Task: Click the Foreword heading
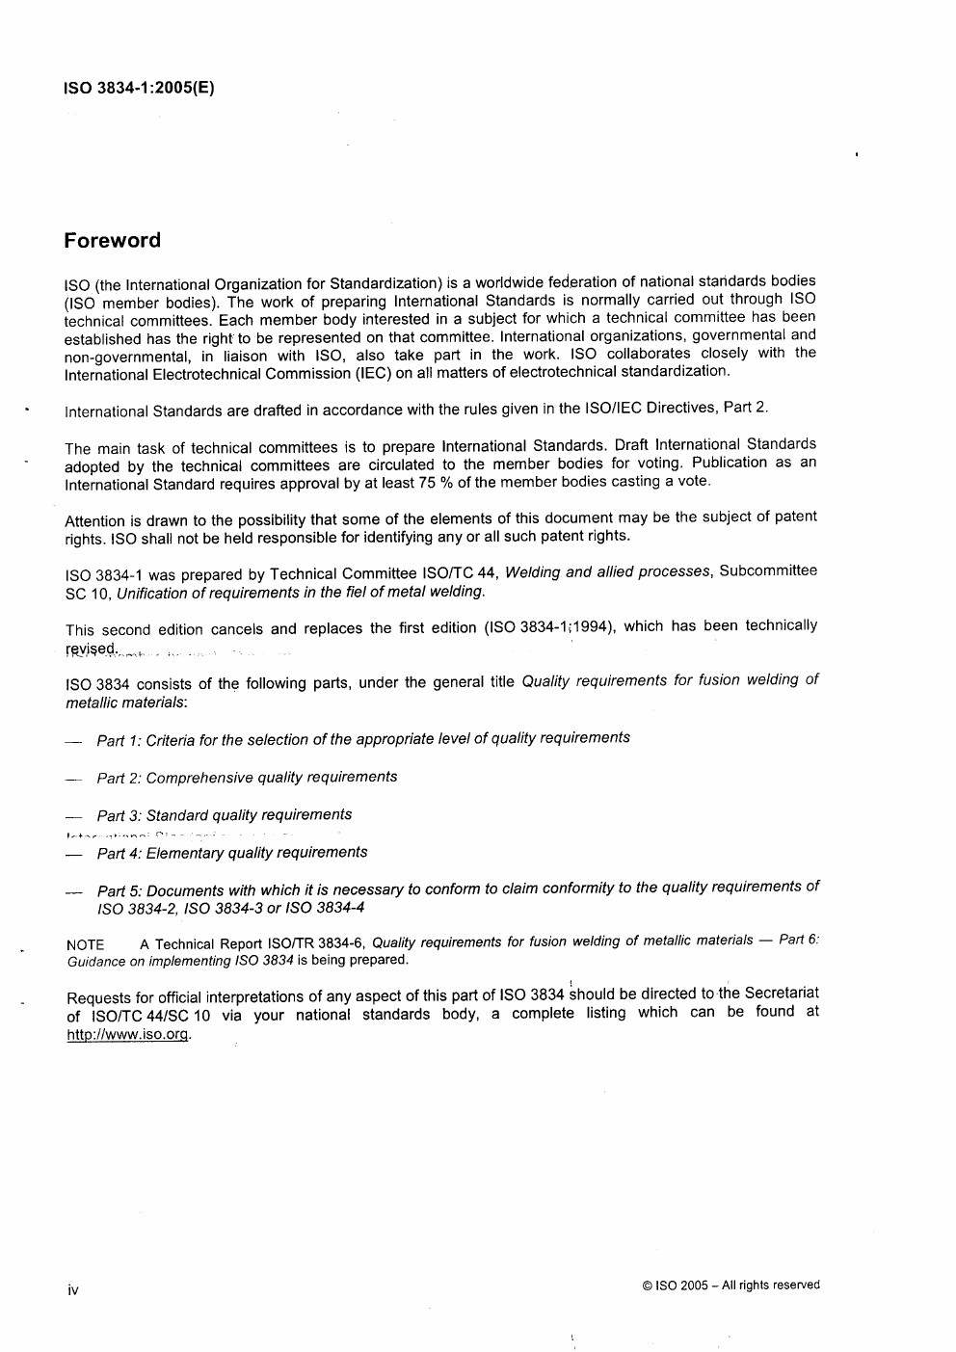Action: pos(112,241)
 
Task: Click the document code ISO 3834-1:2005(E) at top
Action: pos(139,88)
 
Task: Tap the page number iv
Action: pos(72,1289)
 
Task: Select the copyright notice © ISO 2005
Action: pos(730,1285)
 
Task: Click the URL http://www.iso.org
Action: pos(128,1034)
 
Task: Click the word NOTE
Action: pos(85,945)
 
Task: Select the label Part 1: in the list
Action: pos(119,741)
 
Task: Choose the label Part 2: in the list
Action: pos(119,779)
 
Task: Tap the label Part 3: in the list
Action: pos(119,816)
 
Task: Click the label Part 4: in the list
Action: pos(119,854)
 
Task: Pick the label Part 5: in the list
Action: pos(119,891)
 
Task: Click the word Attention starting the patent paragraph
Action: pos(94,521)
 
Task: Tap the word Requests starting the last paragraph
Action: pos(97,998)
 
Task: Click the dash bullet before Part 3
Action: pos(74,817)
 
